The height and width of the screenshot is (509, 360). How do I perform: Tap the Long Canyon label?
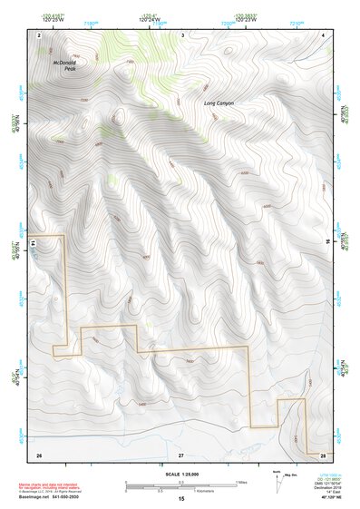pyautogui.click(x=219, y=103)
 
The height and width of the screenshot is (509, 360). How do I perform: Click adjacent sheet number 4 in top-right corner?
pyautogui.click(x=324, y=34)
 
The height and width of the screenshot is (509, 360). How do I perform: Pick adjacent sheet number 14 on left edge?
pyautogui.click(x=33, y=243)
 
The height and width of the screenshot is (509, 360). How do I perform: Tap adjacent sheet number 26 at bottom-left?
pyautogui.click(x=39, y=453)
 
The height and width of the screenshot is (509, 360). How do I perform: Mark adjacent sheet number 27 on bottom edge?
pyautogui.click(x=181, y=453)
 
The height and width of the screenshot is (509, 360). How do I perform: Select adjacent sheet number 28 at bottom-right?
pyautogui.click(x=323, y=453)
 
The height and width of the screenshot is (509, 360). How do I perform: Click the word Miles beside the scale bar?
pyautogui.click(x=241, y=482)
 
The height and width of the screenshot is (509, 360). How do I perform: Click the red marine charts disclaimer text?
pyautogui.click(x=54, y=487)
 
